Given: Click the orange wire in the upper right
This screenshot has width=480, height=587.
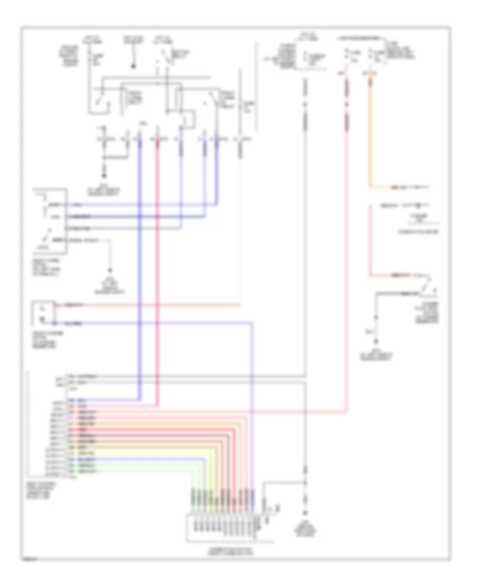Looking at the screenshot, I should pyautogui.click(x=370, y=133).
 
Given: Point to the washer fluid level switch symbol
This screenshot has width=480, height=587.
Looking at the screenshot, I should pyautogui.click(x=426, y=289).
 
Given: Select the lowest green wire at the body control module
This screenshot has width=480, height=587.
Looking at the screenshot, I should pyautogui.click(x=133, y=472).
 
